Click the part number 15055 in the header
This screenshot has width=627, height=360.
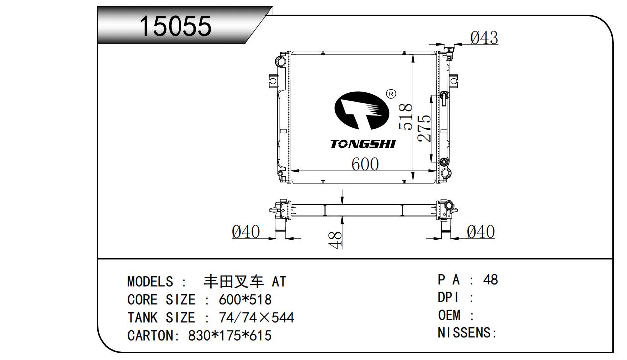(176, 26)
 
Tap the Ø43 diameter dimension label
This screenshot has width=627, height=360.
(484, 38)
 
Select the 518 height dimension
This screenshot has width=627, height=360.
(406, 117)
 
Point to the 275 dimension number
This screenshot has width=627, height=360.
(424, 128)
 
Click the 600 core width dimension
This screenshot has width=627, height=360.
(365, 164)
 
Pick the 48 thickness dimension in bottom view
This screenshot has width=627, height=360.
(335, 240)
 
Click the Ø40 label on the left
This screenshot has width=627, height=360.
(246, 232)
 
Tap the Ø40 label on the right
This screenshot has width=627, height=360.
(481, 232)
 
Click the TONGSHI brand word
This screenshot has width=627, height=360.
(363, 144)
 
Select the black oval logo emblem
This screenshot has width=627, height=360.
(361, 111)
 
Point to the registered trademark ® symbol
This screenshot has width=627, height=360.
(391, 94)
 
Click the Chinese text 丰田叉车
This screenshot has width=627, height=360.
(234, 281)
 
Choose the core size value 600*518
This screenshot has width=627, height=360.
(245, 299)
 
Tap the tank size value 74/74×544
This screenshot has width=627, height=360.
(257, 317)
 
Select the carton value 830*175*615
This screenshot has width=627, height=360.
(230, 335)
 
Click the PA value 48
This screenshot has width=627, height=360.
(490, 280)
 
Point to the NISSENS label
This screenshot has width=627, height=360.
(464, 333)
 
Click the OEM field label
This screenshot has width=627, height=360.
(449, 315)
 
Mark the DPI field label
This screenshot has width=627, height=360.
(448, 297)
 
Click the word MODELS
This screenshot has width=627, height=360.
(150, 281)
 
